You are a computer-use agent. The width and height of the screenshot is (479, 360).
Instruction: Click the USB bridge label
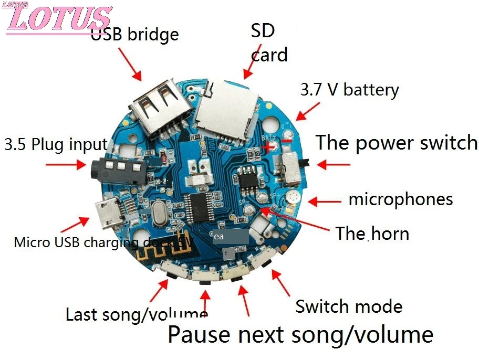pos(135,34)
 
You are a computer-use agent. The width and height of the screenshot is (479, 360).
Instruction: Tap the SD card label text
pos(268,43)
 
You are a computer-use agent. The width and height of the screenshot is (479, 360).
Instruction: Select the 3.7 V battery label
pos(349,90)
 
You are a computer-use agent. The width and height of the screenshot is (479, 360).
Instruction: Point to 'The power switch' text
pos(396,143)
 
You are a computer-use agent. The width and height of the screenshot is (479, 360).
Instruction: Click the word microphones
pos(400,199)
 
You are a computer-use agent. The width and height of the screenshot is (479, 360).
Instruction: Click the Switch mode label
pos(349,306)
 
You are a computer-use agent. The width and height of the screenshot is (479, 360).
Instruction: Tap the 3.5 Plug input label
pos(56,144)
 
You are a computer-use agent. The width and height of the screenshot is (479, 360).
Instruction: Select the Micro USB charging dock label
pos(103,242)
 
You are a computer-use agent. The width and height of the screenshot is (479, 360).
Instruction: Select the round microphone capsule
pos(292,198)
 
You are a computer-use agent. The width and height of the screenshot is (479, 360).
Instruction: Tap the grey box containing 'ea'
pos(230,237)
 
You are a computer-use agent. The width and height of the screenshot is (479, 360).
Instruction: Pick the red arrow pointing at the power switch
pos(334,164)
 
